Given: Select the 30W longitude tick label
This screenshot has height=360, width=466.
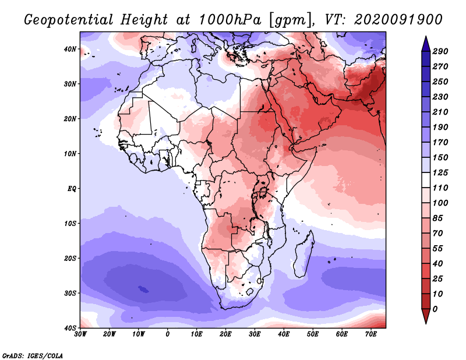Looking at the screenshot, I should pos(80,334).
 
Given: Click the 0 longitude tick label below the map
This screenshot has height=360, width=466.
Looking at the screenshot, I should pos(168,334).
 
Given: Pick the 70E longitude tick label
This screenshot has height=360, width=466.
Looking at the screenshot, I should pos(371,334).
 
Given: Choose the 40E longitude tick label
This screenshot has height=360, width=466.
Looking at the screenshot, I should pos(284,334).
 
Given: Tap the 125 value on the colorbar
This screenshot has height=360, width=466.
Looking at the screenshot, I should pos(441,173).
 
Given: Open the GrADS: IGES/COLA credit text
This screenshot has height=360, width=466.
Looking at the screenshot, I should pos(33,355).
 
